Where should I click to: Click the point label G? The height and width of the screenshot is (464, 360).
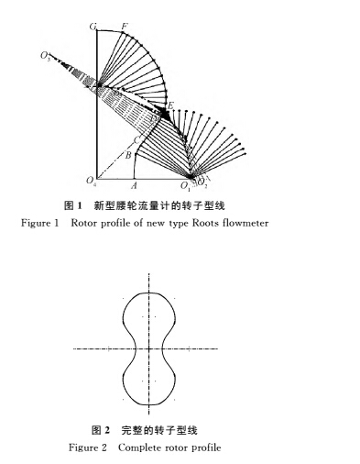coord(94,28)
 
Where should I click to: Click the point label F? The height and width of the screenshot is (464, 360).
coord(125,26)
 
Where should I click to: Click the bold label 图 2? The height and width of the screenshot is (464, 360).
coord(99,430)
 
